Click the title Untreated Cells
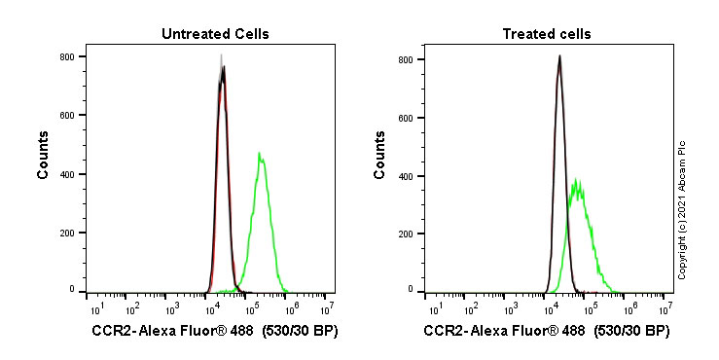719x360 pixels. (x=215, y=34)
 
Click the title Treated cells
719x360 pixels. (x=546, y=34)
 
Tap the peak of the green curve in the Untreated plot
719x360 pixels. (x=259, y=153)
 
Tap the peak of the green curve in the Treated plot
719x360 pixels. (x=578, y=179)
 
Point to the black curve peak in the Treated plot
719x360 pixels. (x=559, y=56)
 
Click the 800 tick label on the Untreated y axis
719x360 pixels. (x=67, y=56)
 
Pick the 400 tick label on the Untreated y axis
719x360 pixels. (x=67, y=174)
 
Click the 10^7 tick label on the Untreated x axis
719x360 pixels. (x=327, y=309)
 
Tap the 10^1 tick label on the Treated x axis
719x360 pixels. (x=430, y=309)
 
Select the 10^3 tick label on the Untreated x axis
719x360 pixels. (x=171, y=309)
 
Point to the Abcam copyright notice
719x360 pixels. (x=682, y=209)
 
